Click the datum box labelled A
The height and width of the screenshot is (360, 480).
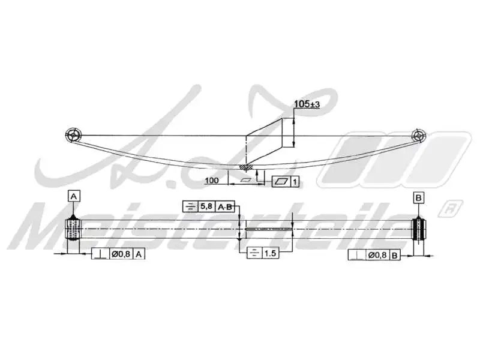coord(73,196)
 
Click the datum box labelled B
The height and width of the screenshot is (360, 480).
coord(418,197)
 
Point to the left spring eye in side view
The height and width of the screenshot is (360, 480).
coord(73,134)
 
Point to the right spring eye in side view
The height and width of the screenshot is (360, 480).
coord(418,134)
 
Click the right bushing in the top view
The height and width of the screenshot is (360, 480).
coord(418,229)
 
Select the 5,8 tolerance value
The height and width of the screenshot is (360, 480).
coord(206,206)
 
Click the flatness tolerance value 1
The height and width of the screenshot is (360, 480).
coord(295,181)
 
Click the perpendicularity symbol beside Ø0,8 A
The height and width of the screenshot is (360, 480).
coord(100,254)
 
